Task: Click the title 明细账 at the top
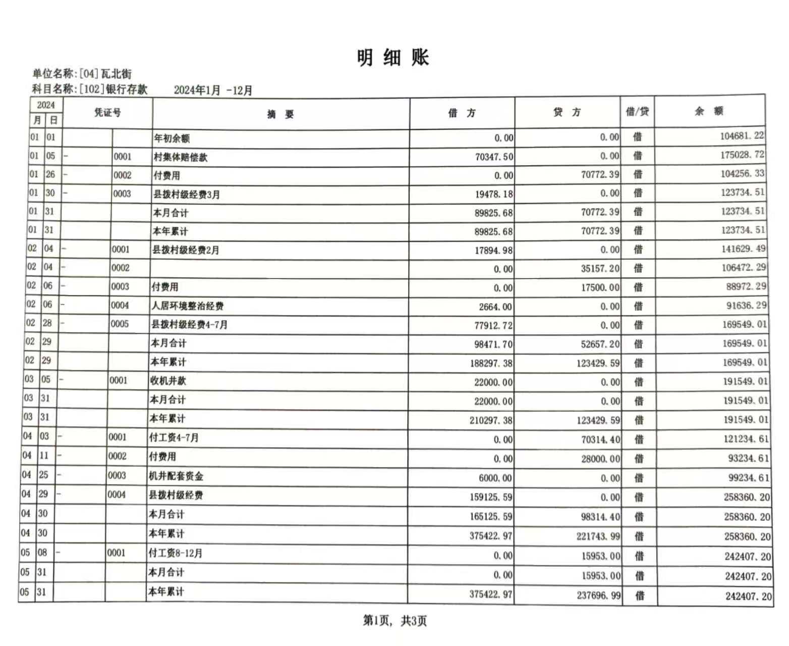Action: click(393, 58)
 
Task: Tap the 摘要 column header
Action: click(280, 115)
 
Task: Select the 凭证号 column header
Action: click(107, 113)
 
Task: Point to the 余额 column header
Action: click(709, 112)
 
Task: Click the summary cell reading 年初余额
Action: click(172, 138)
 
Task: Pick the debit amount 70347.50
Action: click(494, 157)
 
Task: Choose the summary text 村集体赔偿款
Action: click(181, 157)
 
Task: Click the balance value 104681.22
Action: click(742, 136)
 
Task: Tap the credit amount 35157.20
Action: click(600, 268)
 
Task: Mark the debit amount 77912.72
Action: click(493, 326)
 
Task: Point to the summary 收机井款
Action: click(168, 381)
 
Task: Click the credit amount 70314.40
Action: click(600, 440)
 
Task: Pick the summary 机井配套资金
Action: click(176, 476)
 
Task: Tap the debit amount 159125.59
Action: click(490, 497)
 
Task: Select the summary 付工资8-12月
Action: click(175, 553)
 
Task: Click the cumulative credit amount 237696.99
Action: click(598, 596)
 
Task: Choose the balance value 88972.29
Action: click(746, 287)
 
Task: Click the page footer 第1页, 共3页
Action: click(394, 621)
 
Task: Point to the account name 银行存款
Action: click(127, 90)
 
